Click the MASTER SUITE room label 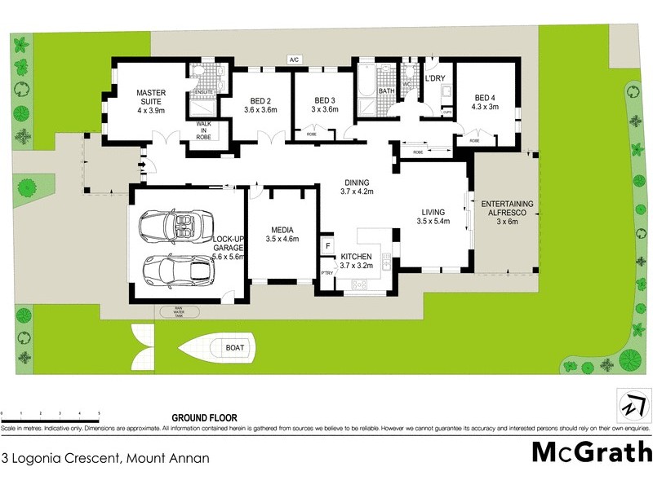pyautogui.click(x=151, y=101)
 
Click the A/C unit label pyautogui.click(x=294, y=59)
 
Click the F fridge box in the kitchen pyautogui.click(x=327, y=244)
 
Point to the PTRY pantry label pyautogui.click(x=326, y=273)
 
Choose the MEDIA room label pyautogui.click(x=282, y=234)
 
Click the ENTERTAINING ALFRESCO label pyautogui.click(x=508, y=208)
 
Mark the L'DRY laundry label pyautogui.click(x=435, y=79)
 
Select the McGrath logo pyautogui.click(x=592, y=452)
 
